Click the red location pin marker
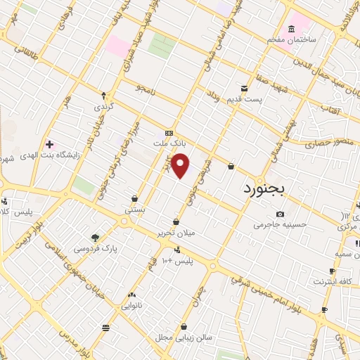(181, 166)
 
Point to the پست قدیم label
(244, 99)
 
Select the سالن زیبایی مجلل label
(185, 337)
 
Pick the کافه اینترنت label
(333, 282)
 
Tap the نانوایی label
(131, 306)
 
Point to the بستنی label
(134, 210)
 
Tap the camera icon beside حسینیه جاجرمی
(281, 214)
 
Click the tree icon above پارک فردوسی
(96, 238)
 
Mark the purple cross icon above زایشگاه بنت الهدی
(49, 144)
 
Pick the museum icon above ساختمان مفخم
(291, 29)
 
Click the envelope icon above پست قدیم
(244, 89)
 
